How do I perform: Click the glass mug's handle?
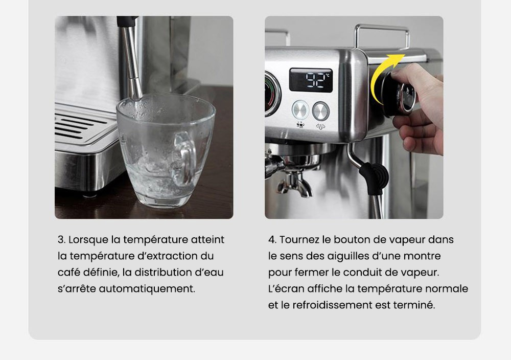[x=185, y=156]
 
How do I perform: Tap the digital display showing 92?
[x=311, y=80]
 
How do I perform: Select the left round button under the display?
[x=300, y=110]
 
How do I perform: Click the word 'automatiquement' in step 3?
[x=147, y=288]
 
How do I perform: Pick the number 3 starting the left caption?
[x=60, y=239]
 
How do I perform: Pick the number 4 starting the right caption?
[x=271, y=239]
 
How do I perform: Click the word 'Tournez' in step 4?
[x=298, y=239]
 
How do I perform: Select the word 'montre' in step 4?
[x=423, y=256]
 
